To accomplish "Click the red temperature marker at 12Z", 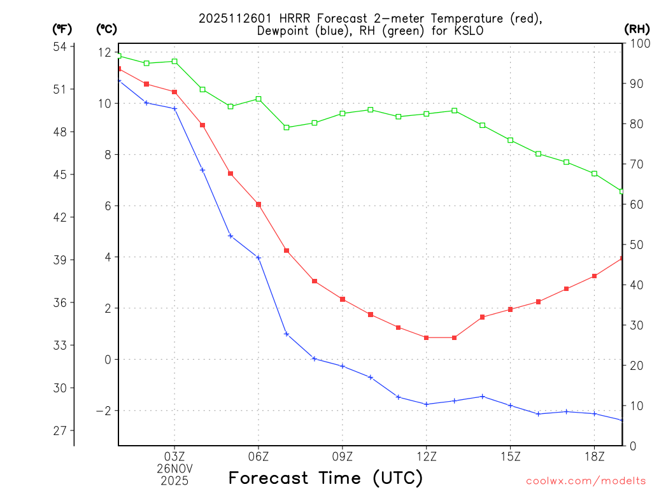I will (427, 337).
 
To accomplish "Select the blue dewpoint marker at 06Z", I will (259, 258).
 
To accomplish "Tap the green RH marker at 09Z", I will (343, 113).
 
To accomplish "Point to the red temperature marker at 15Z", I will (510, 309).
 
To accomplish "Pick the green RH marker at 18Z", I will (594, 174).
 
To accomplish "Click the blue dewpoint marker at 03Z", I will (174, 109).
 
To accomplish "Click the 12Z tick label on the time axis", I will (427, 456).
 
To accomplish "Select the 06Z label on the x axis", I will (259, 456).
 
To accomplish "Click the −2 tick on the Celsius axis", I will (103, 411).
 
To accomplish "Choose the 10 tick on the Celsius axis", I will (104, 103).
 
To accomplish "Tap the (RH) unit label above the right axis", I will (637, 29).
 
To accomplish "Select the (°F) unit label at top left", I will (62, 29).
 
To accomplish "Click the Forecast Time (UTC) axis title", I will (325, 478).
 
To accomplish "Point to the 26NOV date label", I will (174, 468).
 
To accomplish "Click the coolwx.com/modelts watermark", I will (586, 481).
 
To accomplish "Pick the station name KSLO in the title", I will (457, 31).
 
